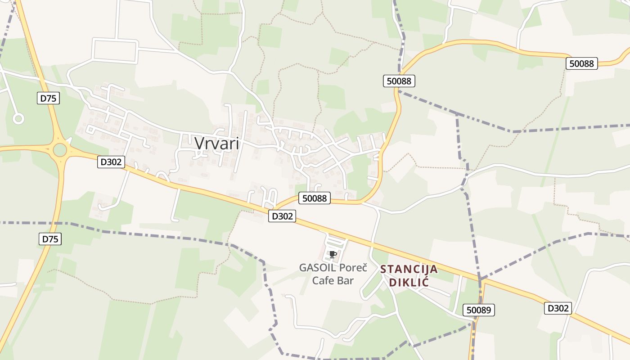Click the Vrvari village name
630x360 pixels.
(x=217, y=143)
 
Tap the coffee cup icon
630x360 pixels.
(x=333, y=254)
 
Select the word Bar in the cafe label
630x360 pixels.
(x=345, y=281)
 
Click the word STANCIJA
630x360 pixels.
(x=409, y=269)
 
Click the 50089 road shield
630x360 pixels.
(x=479, y=310)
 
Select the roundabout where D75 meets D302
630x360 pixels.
(x=60, y=150)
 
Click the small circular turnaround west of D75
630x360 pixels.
(x=18, y=119)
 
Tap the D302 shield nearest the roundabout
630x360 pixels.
(x=111, y=162)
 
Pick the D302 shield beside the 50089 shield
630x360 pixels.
(x=558, y=308)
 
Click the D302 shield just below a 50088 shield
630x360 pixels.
(x=283, y=216)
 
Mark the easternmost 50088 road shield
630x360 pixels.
(x=581, y=63)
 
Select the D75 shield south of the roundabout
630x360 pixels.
(x=50, y=239)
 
